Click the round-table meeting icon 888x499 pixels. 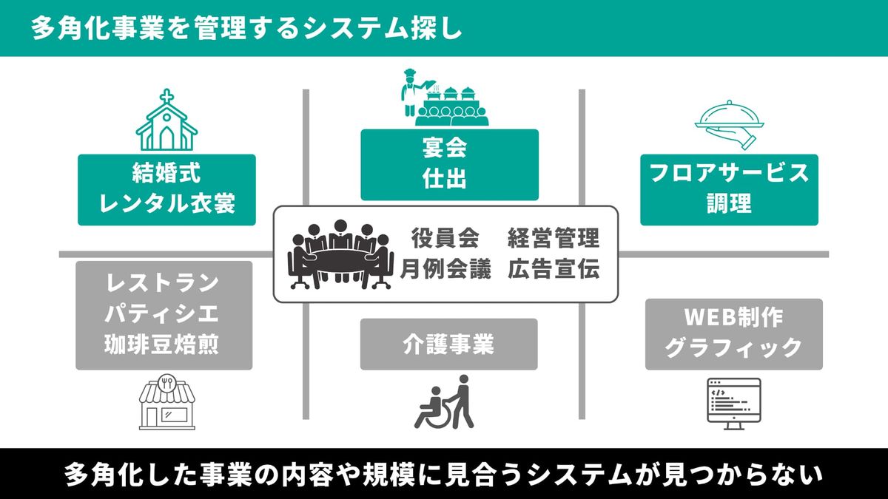[340, 254]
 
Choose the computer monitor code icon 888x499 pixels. [734, 404]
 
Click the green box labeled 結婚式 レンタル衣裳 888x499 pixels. [166, 189]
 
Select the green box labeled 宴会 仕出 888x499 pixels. [449, 164]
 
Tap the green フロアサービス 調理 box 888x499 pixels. [729, 189]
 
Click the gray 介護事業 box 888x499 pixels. [448, 344]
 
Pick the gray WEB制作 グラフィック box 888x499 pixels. [733, 333]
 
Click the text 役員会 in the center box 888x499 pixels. [445, 238]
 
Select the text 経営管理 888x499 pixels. [553, 238]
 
